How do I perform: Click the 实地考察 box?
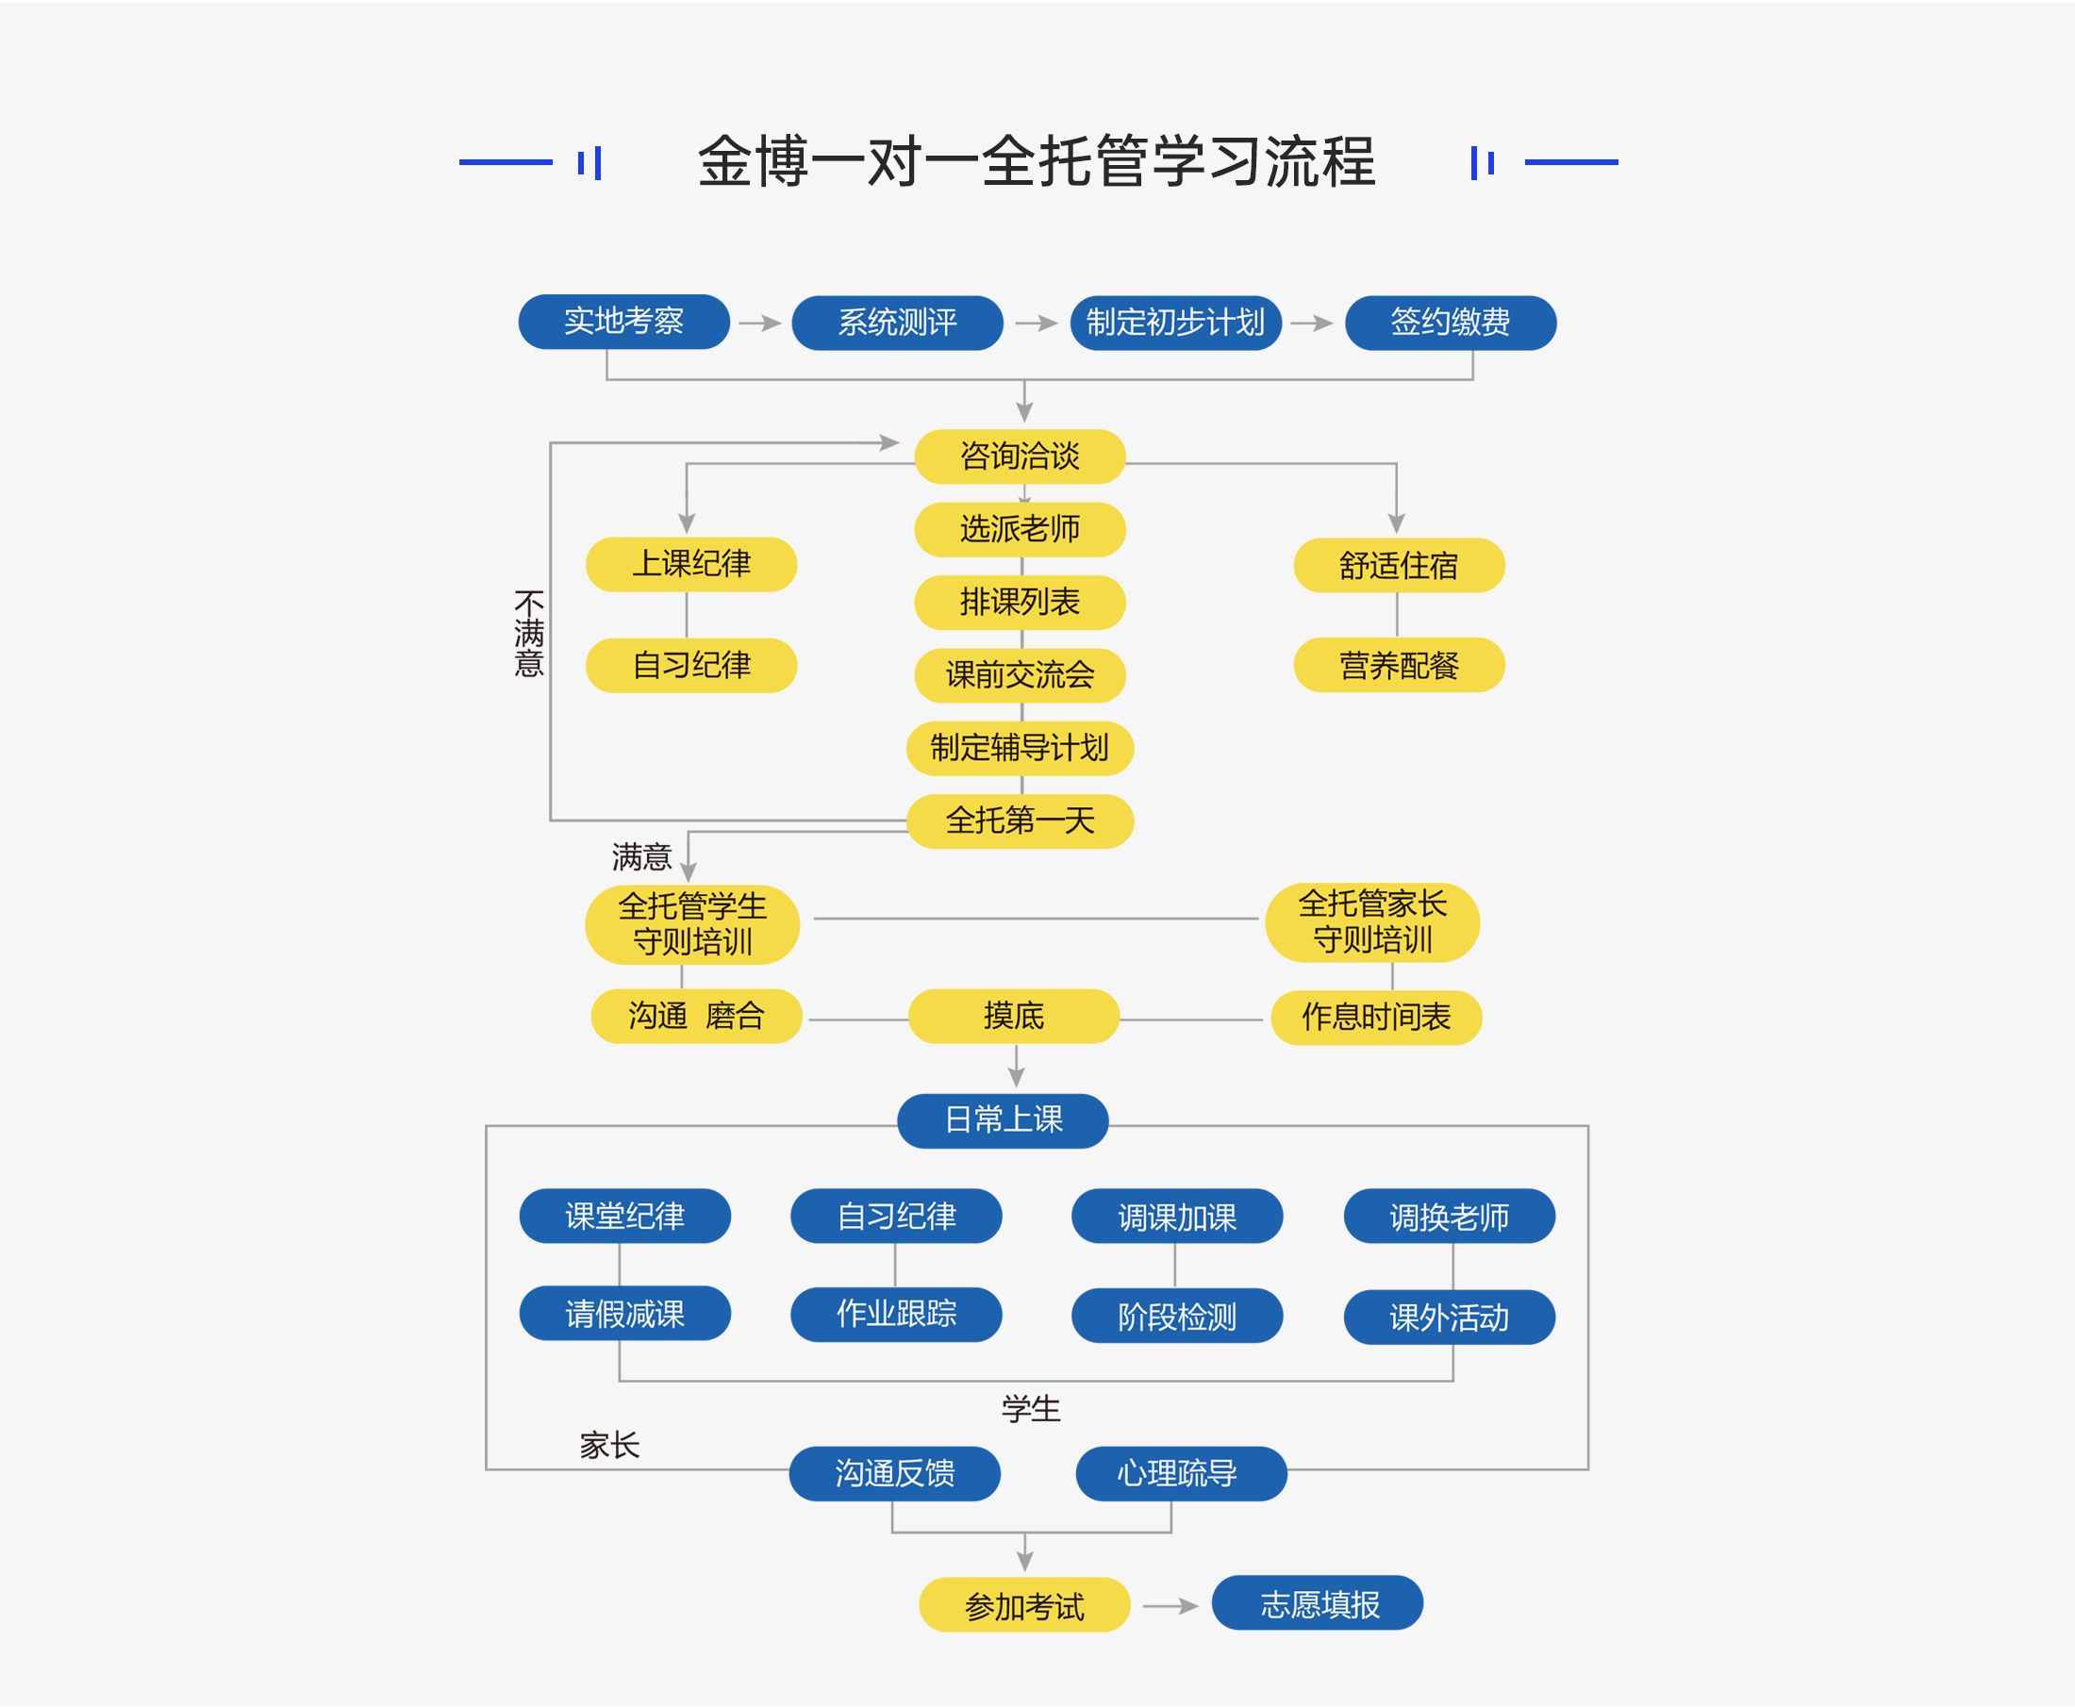(x=623, y=322)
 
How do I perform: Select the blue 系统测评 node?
(x=897, y=323)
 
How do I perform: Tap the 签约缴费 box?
(x=1450, y=323)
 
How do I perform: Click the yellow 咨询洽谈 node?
(x=1020, y=456)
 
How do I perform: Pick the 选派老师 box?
(x=1020, y=529)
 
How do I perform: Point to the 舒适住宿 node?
(x=1399, y=566)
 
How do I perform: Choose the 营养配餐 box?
(x=1399, y=666)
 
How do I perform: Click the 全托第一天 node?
(x=1020, y=821)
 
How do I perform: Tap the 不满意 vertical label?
(x=529, y=634)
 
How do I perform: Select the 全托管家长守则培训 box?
(x=1372, y=922)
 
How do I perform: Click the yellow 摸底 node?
(x=1013, y=1016)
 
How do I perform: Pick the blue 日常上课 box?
(x=1004, y=1120)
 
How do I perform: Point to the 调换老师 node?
(x=1449, y=1218)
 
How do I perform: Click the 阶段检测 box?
(x=1176, y=1317)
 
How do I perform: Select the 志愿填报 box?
(x=1318, y=1604)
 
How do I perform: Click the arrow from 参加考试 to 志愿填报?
(x=1170, y=1606)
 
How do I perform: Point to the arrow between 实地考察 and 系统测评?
(x=760, y=323)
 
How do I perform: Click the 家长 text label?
(x=608, y=1446)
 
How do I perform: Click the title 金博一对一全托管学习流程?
(x=1037, y=161)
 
